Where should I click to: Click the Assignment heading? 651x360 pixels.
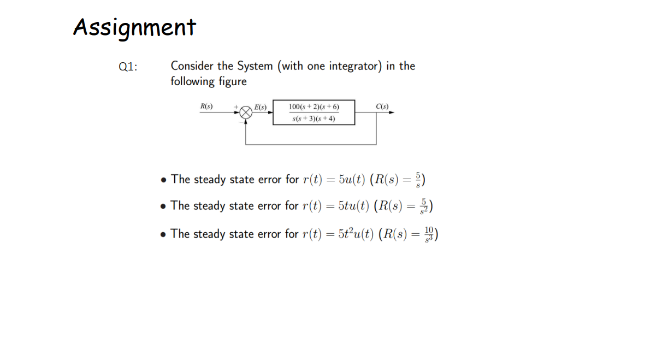click(x=134, y=27)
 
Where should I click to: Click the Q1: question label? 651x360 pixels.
click(x=128, y=67)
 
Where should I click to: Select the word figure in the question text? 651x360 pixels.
click(x=232, y=82)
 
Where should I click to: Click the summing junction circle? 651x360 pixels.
click(x=246, y=112)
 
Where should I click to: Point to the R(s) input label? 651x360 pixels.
click(x=206, y=106)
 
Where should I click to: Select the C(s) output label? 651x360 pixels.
click(x=382, y=106)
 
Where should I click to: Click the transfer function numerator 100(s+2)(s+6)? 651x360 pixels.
click(x=313, y=107)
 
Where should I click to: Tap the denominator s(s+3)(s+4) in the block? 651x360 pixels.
click(x=313, y=118)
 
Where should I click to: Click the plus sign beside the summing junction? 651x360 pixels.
click(x=236, y=107)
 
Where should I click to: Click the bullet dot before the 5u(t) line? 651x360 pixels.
click(x=163, y=180)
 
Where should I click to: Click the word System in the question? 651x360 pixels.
click(x=255, y=66)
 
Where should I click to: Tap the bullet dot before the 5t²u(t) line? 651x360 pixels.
click(x=163, y=234)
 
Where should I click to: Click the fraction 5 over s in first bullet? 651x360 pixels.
click(x=419, y=179)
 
